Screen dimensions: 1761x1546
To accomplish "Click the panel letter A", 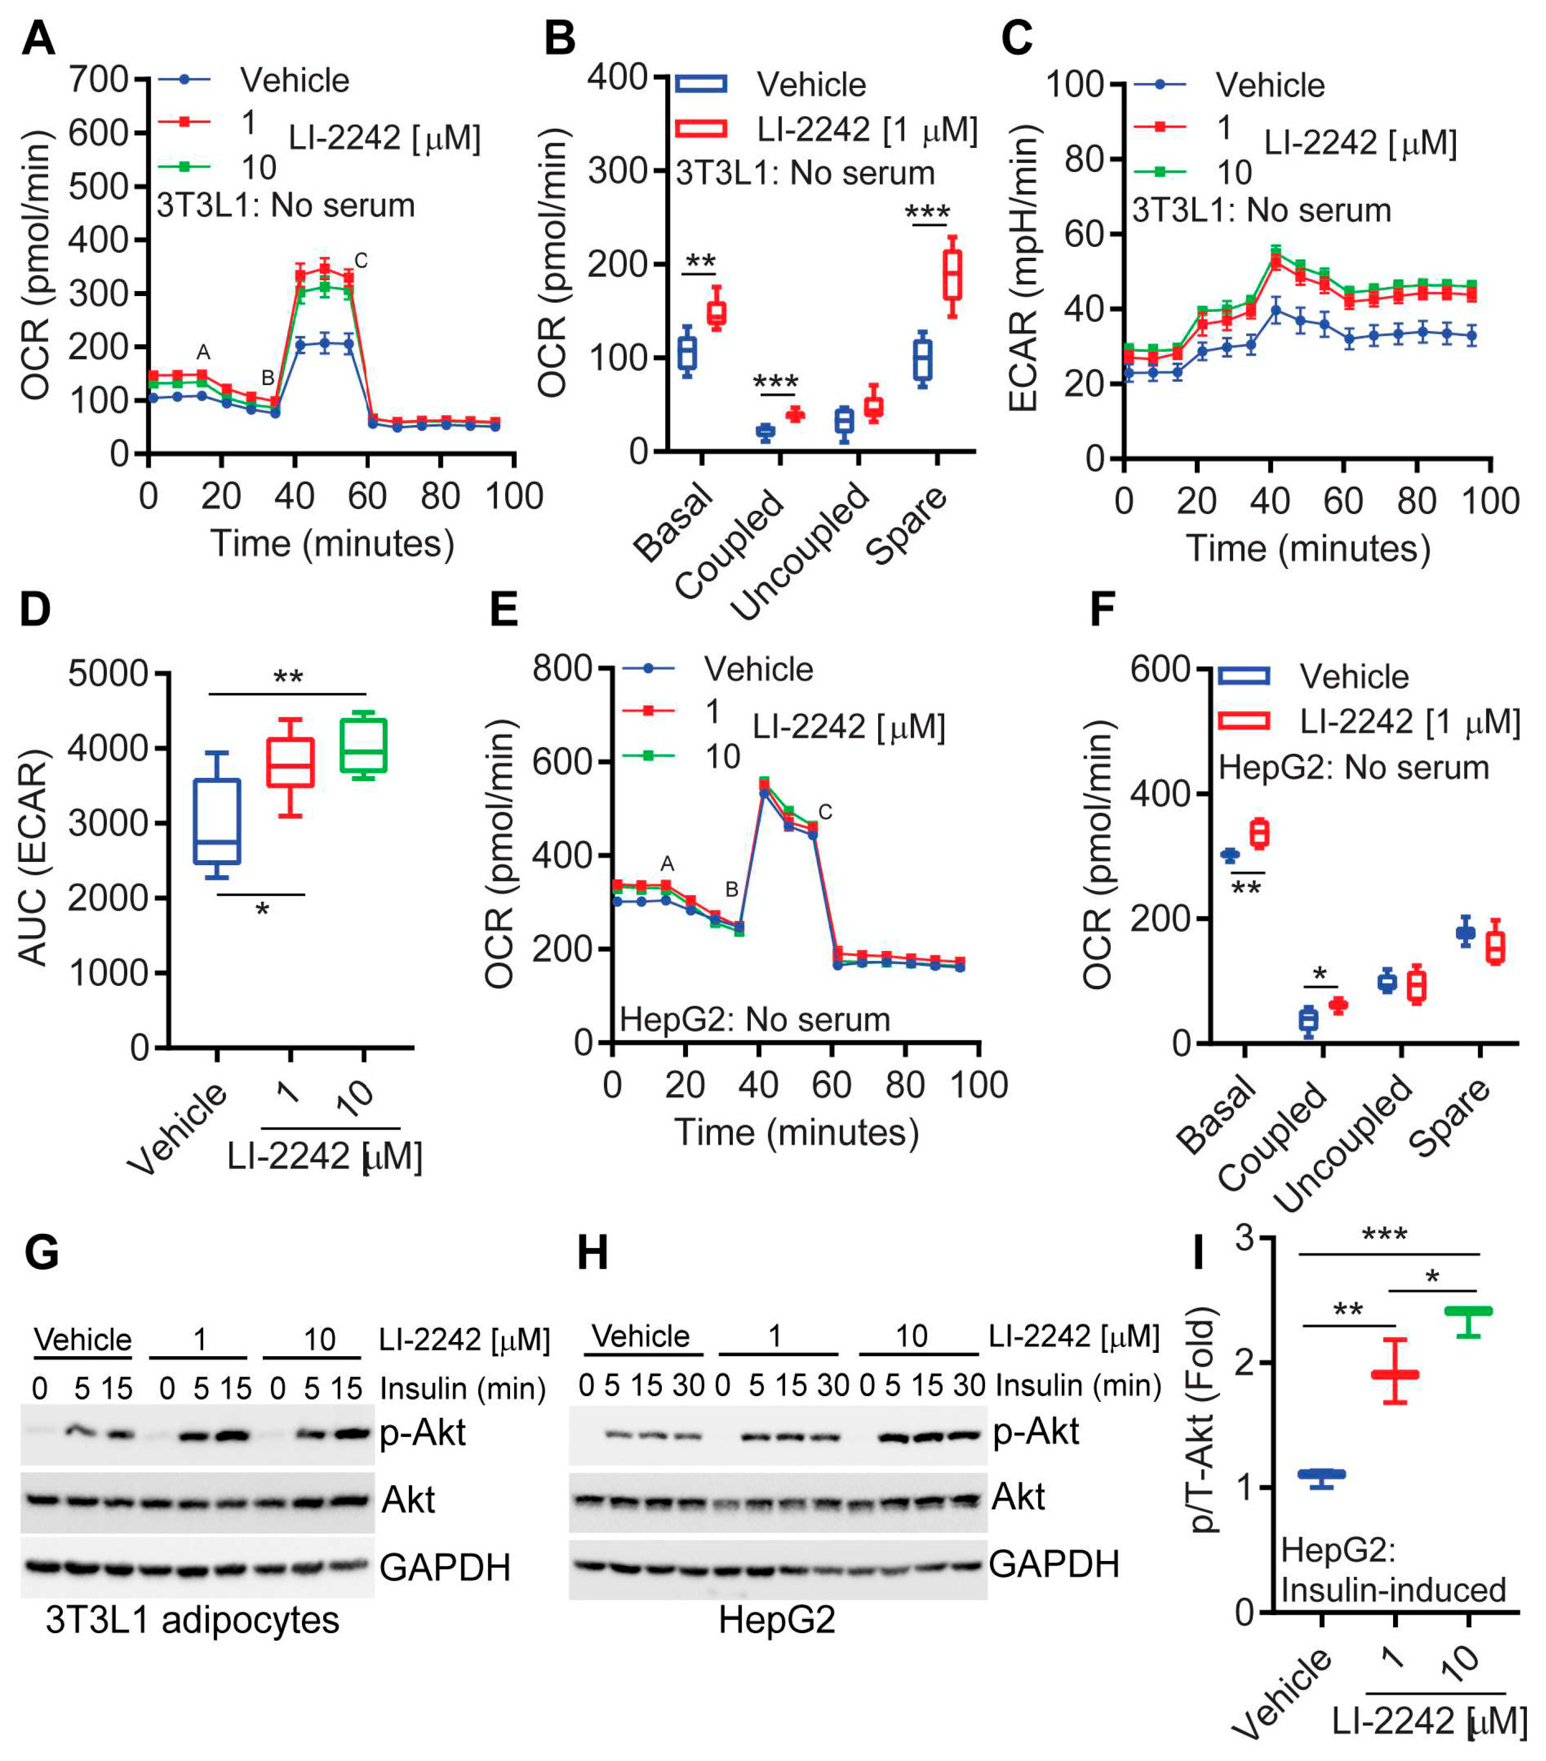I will (x=39, y=39).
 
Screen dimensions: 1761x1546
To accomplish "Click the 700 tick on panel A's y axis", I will (x=99, y=80).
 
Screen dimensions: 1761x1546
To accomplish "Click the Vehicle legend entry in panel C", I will (x=1270, y=85).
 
